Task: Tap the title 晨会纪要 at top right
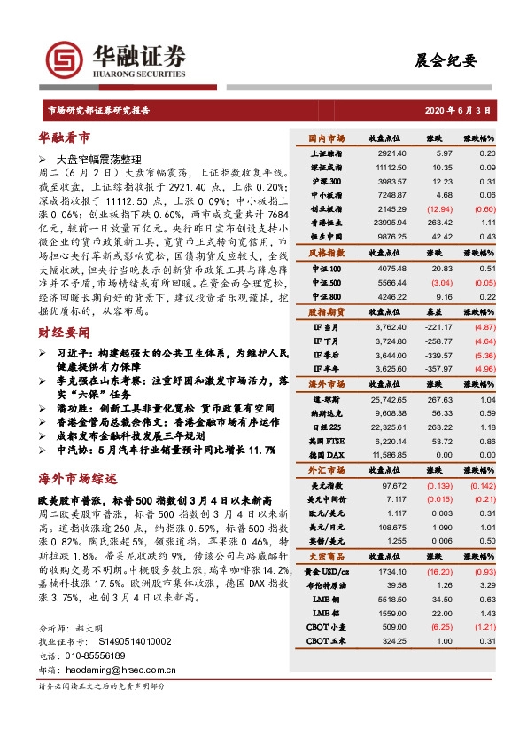pyautogui.click(x=446, y=60)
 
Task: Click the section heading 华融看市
pyautogui.click(x=64, y=138)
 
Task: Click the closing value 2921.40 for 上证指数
pyautogui.click(x=391, y=153)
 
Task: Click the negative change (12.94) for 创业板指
pyautogui.click(x=438, y=208)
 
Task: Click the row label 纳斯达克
pyautogui.click(x=329, y=412)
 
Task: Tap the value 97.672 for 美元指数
pyautogui.click(x=392, y=486)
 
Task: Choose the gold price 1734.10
pyautogui.click(x=391, y=572)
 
